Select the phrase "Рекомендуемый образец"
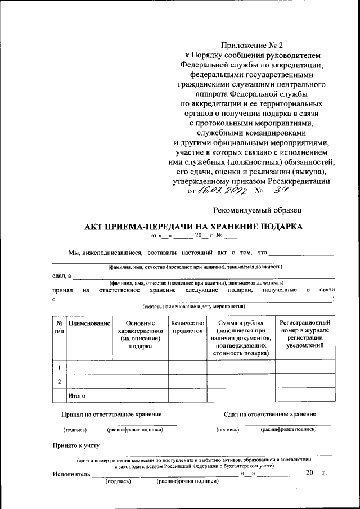click(x=258, y=210)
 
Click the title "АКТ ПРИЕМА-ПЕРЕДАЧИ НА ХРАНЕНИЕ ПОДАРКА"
click(x=193, y=227)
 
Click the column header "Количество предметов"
click(x=187, y=327)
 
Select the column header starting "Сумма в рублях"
click(x=241, y=338)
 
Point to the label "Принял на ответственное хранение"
click(x=111, y=414)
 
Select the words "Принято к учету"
click(x=76, y=445)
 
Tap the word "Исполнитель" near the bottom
click(x=71, y=474)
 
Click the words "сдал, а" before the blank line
click(x=61, y=275)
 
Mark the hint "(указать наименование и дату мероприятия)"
click(x=193, y=307)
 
